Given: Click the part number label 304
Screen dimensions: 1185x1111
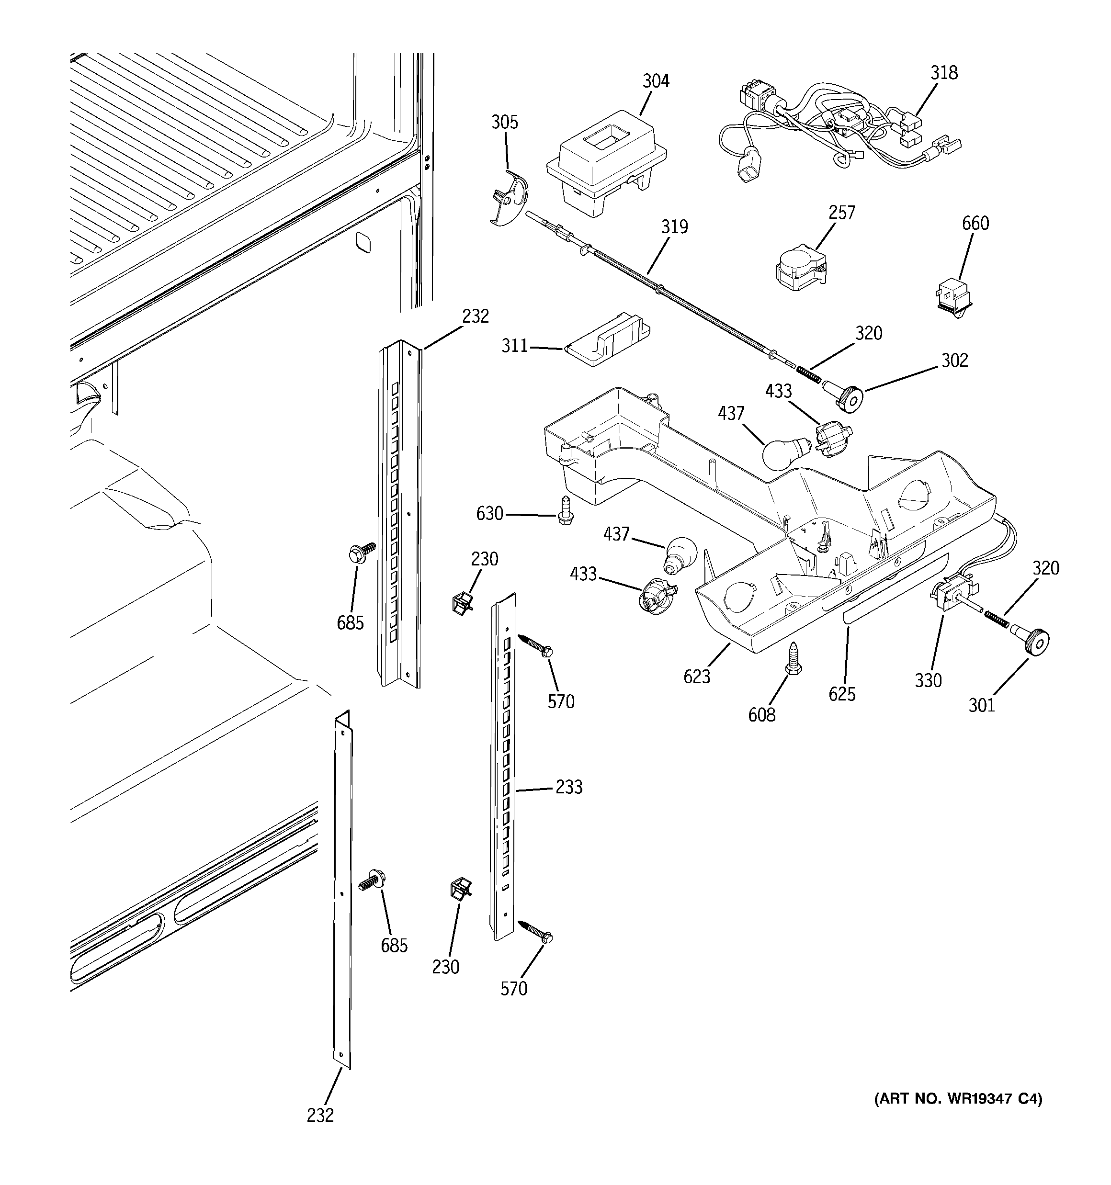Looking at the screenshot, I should [656, 81].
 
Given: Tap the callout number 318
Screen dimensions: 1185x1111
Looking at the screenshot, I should [944, 73].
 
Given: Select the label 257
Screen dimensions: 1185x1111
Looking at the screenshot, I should [841, 213].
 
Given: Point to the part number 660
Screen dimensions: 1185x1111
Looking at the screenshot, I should [975, 224].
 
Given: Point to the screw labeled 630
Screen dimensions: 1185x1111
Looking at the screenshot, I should [565, 511].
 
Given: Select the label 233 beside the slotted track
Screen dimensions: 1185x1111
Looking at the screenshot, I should [568, 788].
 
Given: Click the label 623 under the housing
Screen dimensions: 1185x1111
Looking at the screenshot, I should [697, 677].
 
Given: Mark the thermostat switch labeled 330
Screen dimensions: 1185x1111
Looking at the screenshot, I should [952, 597].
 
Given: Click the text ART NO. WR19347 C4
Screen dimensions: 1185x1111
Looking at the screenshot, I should [958, 1115].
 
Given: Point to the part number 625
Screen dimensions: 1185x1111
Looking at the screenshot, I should [841, 694].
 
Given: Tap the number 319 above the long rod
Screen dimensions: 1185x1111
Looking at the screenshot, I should [674, 227].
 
